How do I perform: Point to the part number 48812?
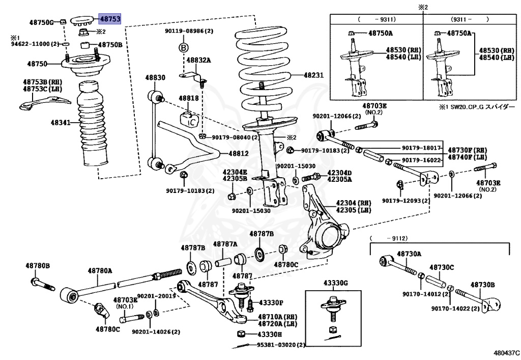238,153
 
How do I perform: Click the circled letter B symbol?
184,47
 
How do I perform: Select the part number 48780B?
38,266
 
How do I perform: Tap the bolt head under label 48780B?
35,281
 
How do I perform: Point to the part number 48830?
155,77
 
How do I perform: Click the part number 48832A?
198,60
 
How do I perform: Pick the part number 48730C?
442,267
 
